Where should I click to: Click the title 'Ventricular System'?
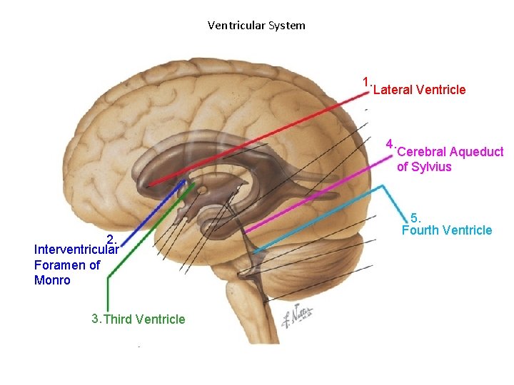pyautogui.click(x=256, y=26)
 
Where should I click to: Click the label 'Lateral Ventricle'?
pyautogui.click(x=419, y=90)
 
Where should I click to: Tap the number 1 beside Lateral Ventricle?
pyautogui.click(x=366, y=83)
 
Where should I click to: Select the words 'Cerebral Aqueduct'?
pyautogui.click(x=450, y=152)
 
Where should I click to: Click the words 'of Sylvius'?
pyautogui.click(x=424, y=168)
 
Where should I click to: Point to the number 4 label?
pyautogui.click(x=389, y=143)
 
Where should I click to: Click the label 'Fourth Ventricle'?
pyautogui.click(x=447, y=230)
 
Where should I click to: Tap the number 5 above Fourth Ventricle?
pyautogui.click(x=416, y=217)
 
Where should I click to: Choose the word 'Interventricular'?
pyautogui.click(x=76, y=250)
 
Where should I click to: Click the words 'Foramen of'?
pyautogui.click(x=67, y=265)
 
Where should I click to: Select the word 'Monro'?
pyautogui.click(x=52, y=280)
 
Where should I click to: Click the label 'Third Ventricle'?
pyautogui.click(x=144, y=319)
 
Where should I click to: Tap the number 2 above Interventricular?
pyautogui.click(x=111, y=239)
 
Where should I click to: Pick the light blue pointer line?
pyautogui.click(x=321, y=217)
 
